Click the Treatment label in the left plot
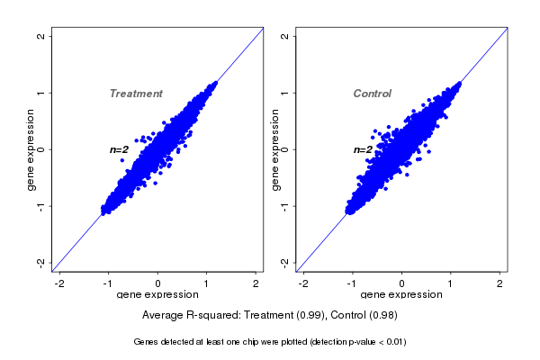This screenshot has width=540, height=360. pos(136,94)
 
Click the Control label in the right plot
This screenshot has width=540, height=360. pos(372,94)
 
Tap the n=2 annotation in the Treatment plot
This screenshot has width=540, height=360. pos(120,149)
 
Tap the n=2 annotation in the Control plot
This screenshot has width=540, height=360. pos(363,149)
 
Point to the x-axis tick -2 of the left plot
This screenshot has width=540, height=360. pos(60,283)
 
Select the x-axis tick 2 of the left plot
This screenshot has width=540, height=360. pos(256,283)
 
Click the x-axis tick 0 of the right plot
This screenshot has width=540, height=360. pos(401,283)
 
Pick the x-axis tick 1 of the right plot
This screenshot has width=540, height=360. pos(451,283)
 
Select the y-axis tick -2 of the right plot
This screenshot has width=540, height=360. pos(285,262)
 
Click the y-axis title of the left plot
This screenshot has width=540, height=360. pos(31,149)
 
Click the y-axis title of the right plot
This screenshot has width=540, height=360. pos(275,149)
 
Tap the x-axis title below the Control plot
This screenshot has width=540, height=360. pos(401,294)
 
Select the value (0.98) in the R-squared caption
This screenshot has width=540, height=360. pos(381,315)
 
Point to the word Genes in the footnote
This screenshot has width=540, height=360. pos(148,342)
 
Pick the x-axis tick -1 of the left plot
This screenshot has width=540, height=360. pos(109,283)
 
